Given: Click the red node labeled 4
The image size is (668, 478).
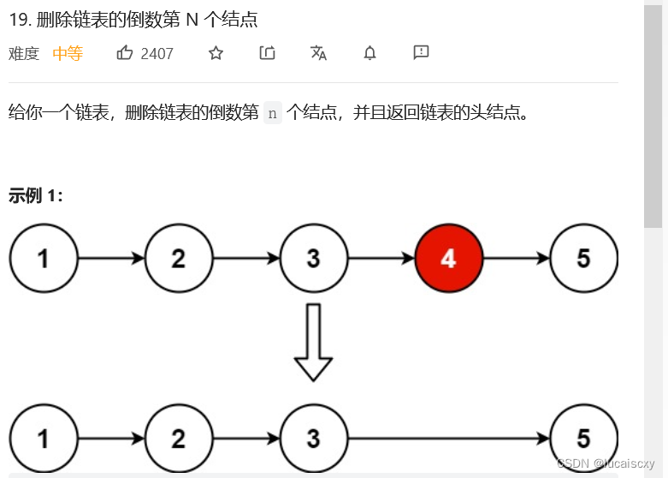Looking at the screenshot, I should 448,258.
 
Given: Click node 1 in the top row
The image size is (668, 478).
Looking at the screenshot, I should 43,258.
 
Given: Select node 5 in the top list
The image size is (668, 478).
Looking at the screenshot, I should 583,258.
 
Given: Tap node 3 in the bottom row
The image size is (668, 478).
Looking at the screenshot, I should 313,439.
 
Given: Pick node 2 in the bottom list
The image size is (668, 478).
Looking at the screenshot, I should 178,439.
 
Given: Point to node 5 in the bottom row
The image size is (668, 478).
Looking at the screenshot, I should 583,439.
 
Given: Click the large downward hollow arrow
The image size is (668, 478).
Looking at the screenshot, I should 313,342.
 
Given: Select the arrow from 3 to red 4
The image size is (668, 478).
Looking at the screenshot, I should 381,258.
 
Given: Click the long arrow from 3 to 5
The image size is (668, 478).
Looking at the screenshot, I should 448,439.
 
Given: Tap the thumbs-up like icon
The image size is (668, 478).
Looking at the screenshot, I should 125,53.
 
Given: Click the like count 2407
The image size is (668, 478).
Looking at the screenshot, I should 157,54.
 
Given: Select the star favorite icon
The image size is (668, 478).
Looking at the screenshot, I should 216,53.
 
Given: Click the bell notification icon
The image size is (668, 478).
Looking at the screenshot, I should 369,53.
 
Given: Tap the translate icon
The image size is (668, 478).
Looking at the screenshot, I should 318,53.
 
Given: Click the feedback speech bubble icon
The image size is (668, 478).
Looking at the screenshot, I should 421,53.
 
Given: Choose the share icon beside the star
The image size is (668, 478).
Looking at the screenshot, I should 267,53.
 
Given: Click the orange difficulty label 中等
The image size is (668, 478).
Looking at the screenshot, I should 68,54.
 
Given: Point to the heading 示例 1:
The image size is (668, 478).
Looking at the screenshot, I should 36,195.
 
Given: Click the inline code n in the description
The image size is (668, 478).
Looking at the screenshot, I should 273,112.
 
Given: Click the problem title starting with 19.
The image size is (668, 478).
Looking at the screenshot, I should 133,19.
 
